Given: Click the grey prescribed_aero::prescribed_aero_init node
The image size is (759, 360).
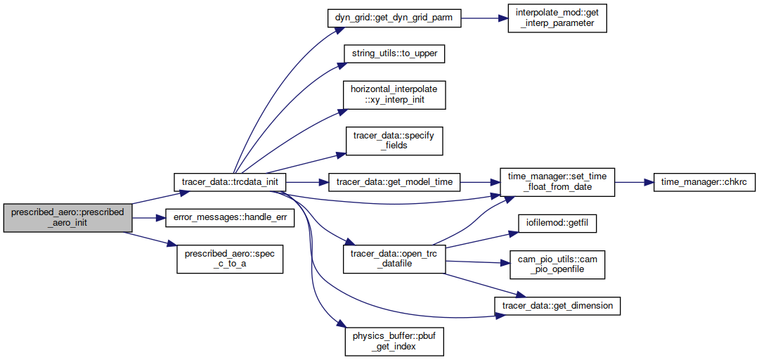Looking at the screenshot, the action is pos(67,218).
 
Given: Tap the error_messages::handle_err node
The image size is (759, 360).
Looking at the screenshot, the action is pos(230,218).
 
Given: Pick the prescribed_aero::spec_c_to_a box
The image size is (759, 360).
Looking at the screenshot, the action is pos(230,259).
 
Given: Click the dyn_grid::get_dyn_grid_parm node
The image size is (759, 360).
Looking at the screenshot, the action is pos(394,18).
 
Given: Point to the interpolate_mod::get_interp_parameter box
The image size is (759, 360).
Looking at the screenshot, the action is pos(557,18).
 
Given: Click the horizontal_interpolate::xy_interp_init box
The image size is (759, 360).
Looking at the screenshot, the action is pos(394,96).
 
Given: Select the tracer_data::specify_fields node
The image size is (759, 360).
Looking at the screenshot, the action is pos(394,141).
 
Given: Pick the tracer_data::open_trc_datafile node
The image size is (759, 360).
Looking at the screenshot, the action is pos(394,259).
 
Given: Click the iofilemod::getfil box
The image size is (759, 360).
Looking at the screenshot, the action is pos(557,224).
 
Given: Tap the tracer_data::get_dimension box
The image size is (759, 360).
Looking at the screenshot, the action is pos(557,306).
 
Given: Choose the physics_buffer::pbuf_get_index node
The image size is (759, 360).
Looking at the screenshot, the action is pos(394,342).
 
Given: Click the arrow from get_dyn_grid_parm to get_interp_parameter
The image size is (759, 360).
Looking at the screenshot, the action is pos(484,18).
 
